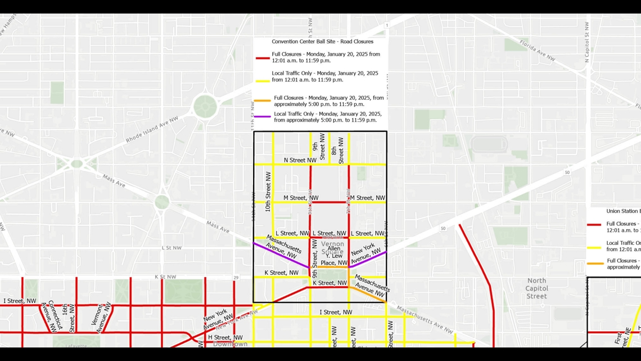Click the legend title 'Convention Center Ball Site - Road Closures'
pyautogui.click(x=322, y=42)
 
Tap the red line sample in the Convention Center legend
pyautogui.click(x=262, y=58)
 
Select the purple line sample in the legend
pyautogui.click(x=262, y=117)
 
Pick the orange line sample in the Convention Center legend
pyautogui.click(x=262, y=101)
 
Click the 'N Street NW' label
pyautogui.click(x=300, y=161)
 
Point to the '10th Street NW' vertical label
pyautogui.click(x=268, y=192)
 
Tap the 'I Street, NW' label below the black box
pyautogui.click(x=336, y=312)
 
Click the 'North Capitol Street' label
pyautogui.click(x=536, y=288)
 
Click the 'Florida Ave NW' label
pyautogui.click(x=537, y=50)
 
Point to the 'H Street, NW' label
pyautogui.click(x=225, y=337)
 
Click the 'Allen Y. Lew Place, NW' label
pyautogui.click(x=334, y=256)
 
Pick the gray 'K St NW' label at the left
pyautogui.click(x=165, y=277)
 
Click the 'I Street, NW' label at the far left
pyautogui.click(x=20, y=301)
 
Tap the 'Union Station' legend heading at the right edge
pyautogui.click(x=622, y=211)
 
